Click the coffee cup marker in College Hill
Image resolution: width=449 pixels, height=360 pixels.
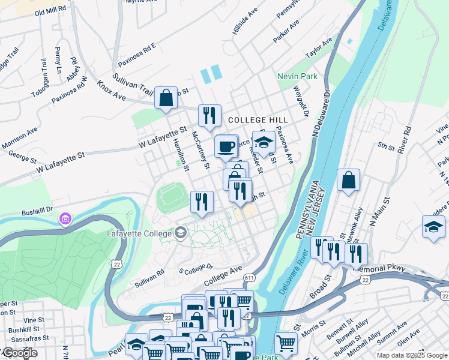pos(226,146)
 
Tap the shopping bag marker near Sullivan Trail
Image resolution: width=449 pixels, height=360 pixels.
pos(166,98)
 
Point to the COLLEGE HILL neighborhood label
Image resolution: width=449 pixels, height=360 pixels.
pos(258,121)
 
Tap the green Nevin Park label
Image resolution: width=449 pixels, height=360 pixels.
pos(297,77)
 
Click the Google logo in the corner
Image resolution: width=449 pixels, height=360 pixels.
pos(19,353)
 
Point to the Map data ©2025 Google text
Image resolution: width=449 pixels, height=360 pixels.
pos(412,355)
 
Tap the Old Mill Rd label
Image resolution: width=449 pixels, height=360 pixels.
pos(51,12)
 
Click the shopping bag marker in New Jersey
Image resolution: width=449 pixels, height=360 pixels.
pos(348,180)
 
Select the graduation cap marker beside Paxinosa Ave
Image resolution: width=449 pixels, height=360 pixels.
pos(263,142)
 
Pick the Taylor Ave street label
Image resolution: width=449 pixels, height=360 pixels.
pos(319,49)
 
